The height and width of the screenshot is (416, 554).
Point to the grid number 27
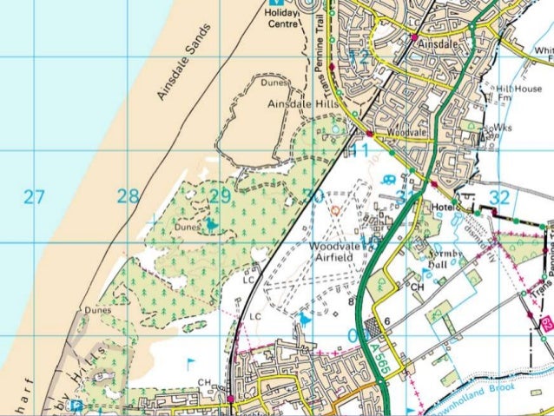[34, 197]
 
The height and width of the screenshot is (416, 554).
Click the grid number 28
[129, 197]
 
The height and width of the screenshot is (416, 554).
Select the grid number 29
[221, 197]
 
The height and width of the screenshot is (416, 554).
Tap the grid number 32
[499, 197]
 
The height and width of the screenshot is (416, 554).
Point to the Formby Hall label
[448, 259]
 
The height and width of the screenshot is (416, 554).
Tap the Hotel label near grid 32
[445, 208]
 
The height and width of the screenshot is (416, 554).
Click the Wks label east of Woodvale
[505, 127]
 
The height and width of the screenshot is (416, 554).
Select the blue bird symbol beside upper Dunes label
[211, 225]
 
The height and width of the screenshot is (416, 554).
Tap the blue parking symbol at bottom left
[76, 406]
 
